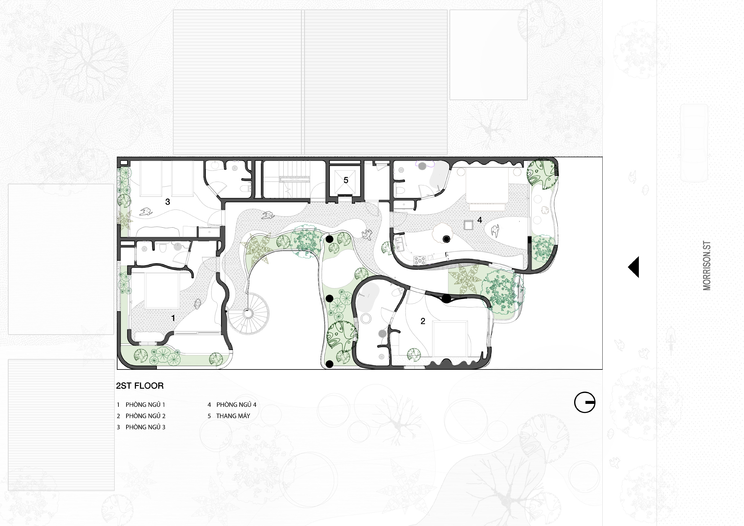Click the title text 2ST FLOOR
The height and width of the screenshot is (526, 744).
pyautogui.click(x=140, y=386)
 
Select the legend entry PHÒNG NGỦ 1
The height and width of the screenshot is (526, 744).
pyautogui.click(x=145, y=404)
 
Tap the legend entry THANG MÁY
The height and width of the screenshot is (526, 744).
pyautogui.click(x=233, y=416)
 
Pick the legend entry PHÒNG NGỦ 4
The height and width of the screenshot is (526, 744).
pyautogui.click(x=237, y=404)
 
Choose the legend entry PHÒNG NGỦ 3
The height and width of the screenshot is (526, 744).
pyautogui.click(x=145, y=427)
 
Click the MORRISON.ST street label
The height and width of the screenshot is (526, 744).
pyautogui.click(x=707, y=265)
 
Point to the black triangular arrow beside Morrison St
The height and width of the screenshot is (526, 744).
pyautogui.click(x=634, y=267)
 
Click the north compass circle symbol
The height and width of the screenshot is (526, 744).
pyautogui.click(x=585, y=403)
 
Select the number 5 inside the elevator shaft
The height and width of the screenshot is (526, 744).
pyautogui.click(x=346, y=180)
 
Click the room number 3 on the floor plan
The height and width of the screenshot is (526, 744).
pyautogui.click(x=167, y=202)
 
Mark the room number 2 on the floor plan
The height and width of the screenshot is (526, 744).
pyautogui.click(x=423, y=321)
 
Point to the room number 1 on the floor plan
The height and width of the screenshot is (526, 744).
pyautogui.click(x=173, y=318)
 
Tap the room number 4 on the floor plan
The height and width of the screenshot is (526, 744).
pyautogui.click(x=480, y=220)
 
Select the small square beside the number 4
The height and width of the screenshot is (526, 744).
pyautogui.click(x=468, y=225)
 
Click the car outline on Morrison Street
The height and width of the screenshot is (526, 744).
pyautogui.click(x=694, y=143)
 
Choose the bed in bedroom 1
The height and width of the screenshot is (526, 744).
pyautogui.click(x=162, y=290)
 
